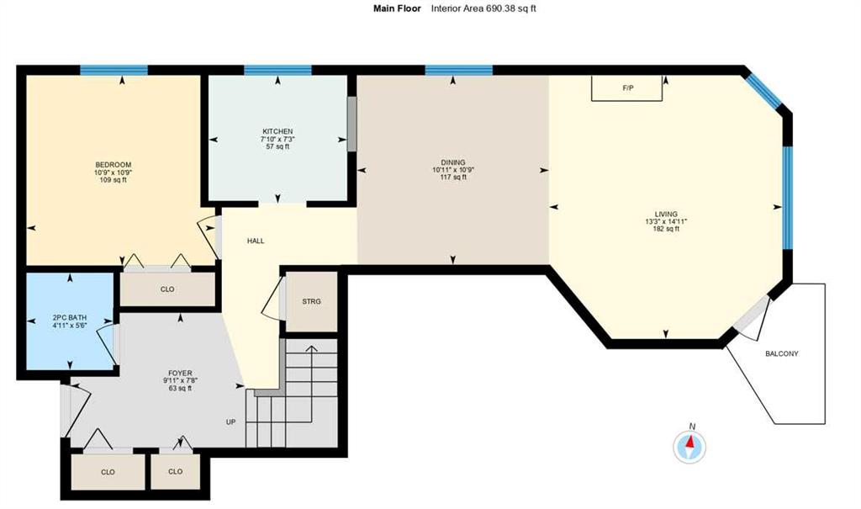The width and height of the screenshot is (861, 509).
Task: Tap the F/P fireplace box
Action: [627, 88]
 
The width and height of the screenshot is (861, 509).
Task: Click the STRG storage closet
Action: [312, 300]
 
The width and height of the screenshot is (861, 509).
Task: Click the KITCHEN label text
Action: [277, 131]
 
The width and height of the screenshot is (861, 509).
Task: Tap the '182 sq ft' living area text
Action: [666, 229]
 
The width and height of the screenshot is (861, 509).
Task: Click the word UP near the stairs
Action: [230, 422]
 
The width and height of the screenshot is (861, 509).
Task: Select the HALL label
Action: [256, 241]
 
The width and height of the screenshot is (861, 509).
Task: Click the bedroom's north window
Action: [114, 70]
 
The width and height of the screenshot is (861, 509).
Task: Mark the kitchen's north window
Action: [277, 70]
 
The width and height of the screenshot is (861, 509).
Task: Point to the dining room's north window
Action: [458, 70]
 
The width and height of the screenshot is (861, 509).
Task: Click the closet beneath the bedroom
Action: [167, 289]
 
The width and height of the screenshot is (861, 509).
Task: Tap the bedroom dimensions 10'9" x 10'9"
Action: [113, 172]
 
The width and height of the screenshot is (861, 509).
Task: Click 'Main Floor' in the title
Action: [397, 8]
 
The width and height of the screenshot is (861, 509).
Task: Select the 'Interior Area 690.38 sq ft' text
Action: [483, 8]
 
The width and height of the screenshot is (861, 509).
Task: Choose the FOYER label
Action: [180, 373]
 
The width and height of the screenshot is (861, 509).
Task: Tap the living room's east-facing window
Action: [788, 198]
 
